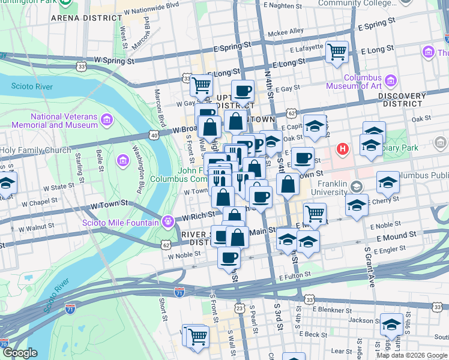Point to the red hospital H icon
(343, 148)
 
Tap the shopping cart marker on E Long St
(337, 51)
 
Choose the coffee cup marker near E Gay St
(243, 91)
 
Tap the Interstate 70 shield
(4, 344)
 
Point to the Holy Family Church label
(35, 151)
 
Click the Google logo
(21, 353)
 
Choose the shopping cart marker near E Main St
(315, 212)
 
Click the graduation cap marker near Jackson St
(391, 325)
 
